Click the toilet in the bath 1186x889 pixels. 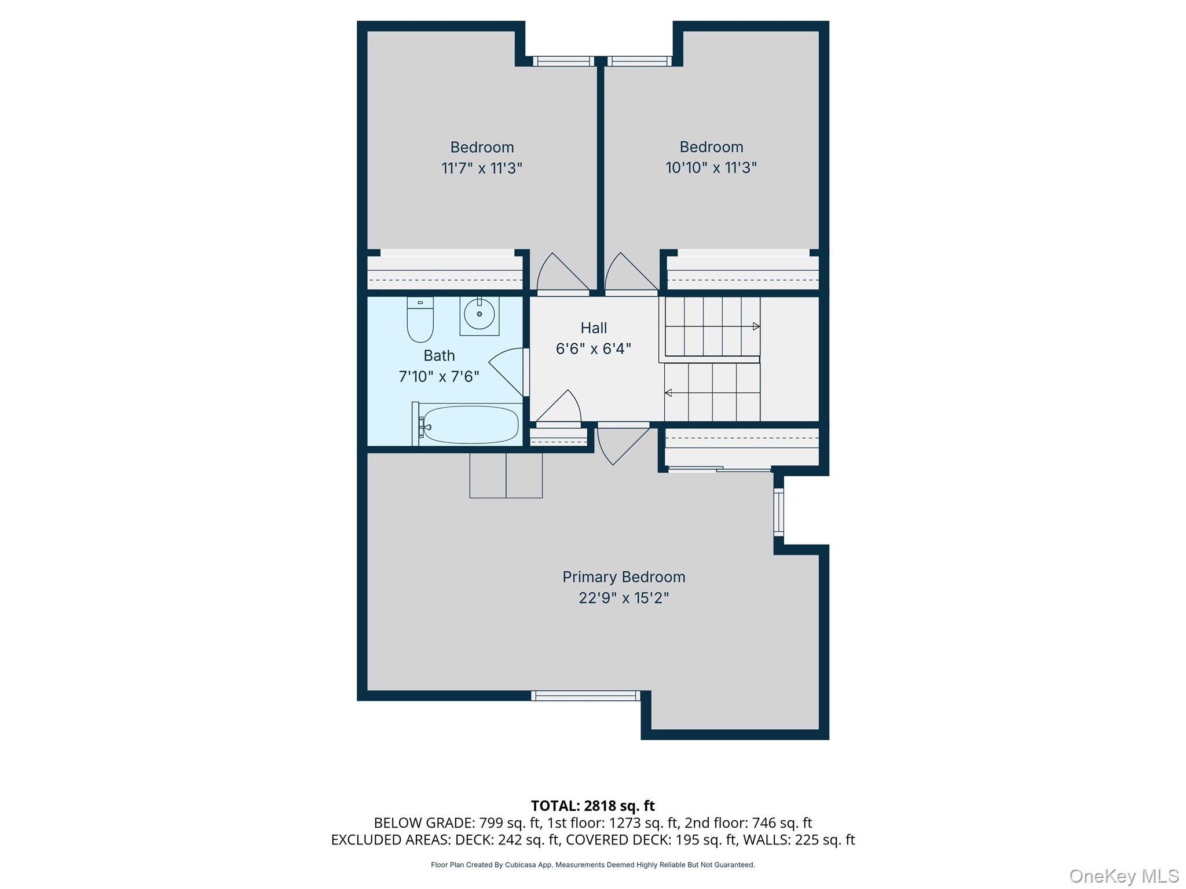tap(420, 321)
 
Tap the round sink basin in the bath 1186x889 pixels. tap(479, 314)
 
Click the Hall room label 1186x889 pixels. tap(594, 328)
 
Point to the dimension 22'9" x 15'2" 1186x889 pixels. tap(624, 598)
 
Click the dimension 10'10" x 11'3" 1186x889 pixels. tap(711, 168)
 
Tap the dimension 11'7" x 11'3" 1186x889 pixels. tap(482, 168)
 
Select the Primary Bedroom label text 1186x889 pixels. tap(624, 577)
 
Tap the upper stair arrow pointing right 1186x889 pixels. tap(756, 326)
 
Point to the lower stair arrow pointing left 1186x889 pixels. tap(668, 393)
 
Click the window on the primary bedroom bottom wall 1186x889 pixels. tap(585, 696)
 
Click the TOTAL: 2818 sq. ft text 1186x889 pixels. tap(592, 806)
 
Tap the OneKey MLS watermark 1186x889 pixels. tap(1123, 876)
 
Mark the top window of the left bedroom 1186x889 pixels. tap(563, 61)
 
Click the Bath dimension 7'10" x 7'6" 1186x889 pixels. tap(439, 377)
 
